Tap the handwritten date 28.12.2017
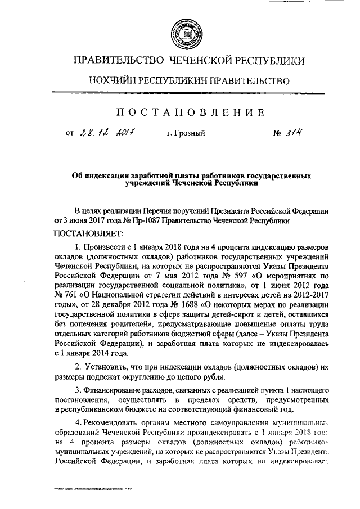[x=106, y=133]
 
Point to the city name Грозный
[x=186, y=134]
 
